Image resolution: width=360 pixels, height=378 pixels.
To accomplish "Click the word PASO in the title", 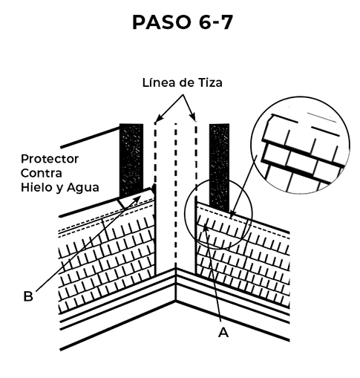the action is (162, 22).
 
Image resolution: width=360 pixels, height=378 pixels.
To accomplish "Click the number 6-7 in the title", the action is (215, 22).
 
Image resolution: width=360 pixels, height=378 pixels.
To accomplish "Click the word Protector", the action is (50, 159).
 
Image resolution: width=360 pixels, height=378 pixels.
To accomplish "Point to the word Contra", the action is (42, 173).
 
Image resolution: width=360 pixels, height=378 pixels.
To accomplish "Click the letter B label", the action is (28, 296).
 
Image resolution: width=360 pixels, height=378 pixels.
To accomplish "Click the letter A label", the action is (223, 333).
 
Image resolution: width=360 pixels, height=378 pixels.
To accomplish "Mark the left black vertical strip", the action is (131, 160).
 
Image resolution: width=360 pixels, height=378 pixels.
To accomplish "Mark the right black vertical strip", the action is (219, 167).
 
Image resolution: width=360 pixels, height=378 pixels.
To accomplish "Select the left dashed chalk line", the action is (155, 154).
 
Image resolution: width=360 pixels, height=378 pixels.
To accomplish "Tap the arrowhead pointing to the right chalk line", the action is (193, 117).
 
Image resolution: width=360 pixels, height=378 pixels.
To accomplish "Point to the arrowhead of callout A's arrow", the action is (205, 227).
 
